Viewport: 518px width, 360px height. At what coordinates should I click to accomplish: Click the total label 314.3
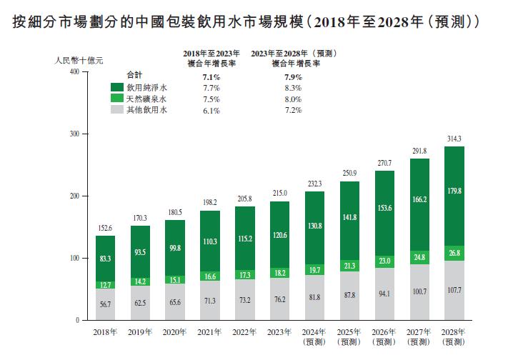454,139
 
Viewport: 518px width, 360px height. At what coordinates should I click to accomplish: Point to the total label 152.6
105,229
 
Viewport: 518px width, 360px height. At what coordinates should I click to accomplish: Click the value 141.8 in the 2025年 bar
349,218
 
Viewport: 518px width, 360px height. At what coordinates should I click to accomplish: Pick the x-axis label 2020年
175,332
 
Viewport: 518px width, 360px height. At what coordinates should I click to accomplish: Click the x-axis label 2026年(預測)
384,336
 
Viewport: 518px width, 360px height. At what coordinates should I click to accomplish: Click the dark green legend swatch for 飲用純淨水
118,87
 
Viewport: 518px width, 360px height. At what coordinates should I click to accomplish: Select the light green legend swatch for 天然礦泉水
118,99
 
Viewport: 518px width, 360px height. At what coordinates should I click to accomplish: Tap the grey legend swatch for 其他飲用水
118,111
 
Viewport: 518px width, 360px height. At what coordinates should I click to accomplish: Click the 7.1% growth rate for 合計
211,76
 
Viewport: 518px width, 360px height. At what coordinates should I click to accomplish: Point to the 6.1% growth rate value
211,111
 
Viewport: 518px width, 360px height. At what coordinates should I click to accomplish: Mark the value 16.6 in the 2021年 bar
209,276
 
